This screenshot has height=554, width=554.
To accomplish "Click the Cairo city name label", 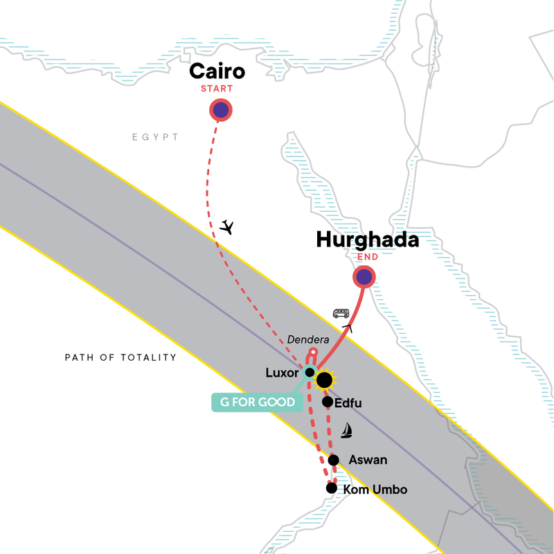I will (217, 72).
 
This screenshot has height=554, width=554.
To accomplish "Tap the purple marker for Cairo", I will (220, 109).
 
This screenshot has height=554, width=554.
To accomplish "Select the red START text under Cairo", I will (217, 89).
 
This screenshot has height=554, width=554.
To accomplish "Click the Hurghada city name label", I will (367, 240).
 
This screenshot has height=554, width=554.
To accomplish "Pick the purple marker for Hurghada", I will (364, 278).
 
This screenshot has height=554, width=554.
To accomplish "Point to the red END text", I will (367, 258).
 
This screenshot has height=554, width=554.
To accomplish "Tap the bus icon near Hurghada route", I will (341, 313).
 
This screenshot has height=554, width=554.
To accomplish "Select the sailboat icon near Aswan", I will (346, 430).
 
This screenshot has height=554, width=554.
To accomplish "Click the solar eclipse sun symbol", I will (323, 379).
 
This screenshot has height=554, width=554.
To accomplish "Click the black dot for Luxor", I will (310, 373).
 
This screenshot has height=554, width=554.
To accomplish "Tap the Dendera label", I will (308, 339).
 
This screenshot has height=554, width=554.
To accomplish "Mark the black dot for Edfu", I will (327, 402).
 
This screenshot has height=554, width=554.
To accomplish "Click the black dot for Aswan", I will (333, 460).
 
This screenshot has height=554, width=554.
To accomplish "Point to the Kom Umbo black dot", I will (331, 488).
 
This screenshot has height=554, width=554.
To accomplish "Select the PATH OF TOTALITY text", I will (120, 358).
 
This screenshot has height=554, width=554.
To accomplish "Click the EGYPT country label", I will (156, 138).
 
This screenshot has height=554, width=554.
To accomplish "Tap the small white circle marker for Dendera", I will (312, 352).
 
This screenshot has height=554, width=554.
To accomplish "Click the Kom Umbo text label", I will (375, 490).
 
